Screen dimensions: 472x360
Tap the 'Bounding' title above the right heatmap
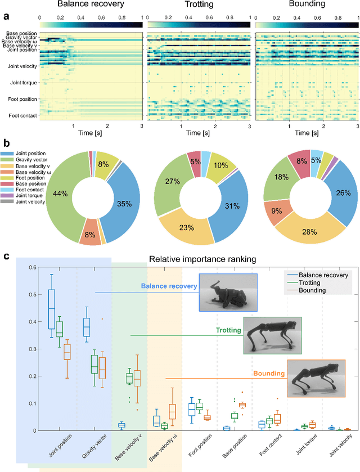pos(307,5)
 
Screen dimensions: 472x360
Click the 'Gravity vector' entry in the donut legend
pos(30,159)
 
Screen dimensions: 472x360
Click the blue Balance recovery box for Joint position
pos(52,309)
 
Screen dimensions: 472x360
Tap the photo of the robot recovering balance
pos(228,293)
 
